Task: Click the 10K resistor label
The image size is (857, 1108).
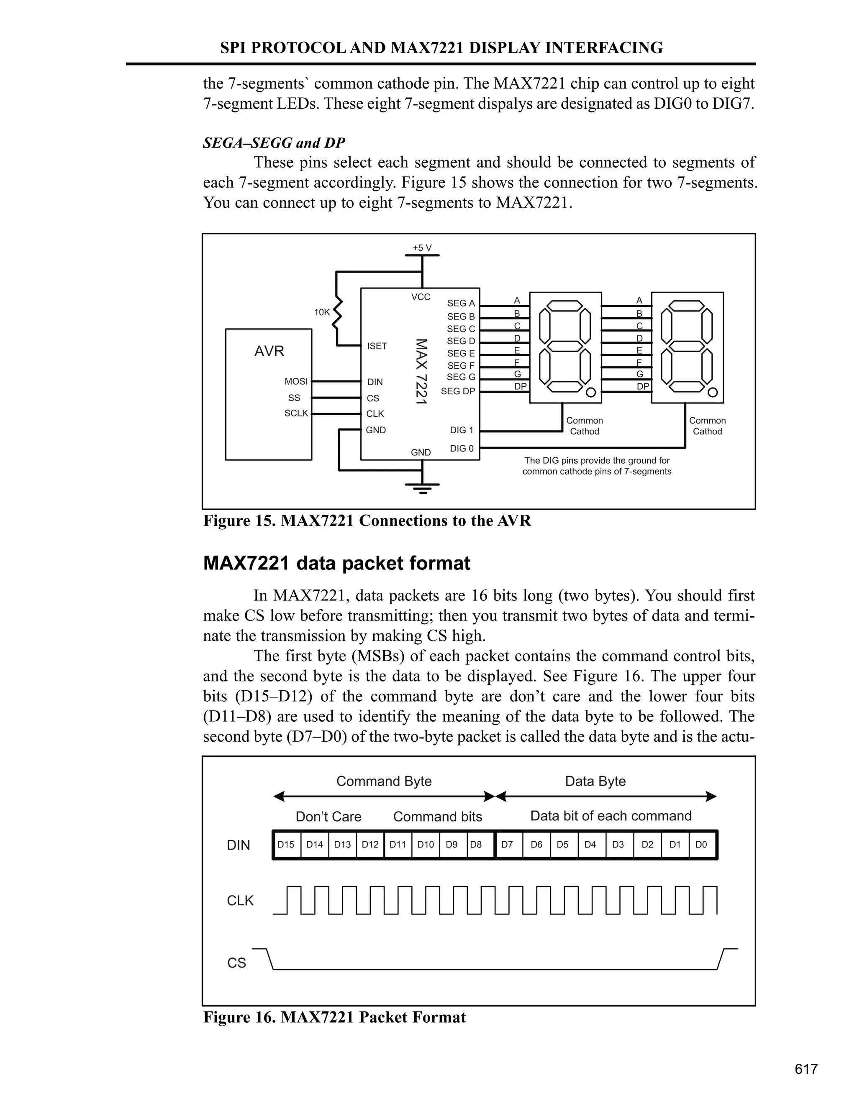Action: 322,312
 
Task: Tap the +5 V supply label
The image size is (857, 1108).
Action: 422,248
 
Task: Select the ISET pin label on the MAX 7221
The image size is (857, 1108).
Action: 377,346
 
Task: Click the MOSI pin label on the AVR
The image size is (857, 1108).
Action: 296,381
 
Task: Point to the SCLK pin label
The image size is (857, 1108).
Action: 296,414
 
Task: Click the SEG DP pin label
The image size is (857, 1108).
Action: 458,391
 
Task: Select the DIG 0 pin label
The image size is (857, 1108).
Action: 462,449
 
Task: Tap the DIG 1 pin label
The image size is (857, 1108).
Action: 462,430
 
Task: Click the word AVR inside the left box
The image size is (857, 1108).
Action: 269,351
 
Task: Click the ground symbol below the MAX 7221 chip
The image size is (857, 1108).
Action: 422,488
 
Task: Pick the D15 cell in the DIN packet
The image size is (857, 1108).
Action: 286,845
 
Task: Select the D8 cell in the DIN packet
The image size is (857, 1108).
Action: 476,845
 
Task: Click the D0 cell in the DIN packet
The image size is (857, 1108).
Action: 701,845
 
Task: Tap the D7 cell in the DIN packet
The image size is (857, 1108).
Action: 507,845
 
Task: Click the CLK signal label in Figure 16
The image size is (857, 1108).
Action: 240,901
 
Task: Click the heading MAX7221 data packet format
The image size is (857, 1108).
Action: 336,564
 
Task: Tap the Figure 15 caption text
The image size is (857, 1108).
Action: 367,521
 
